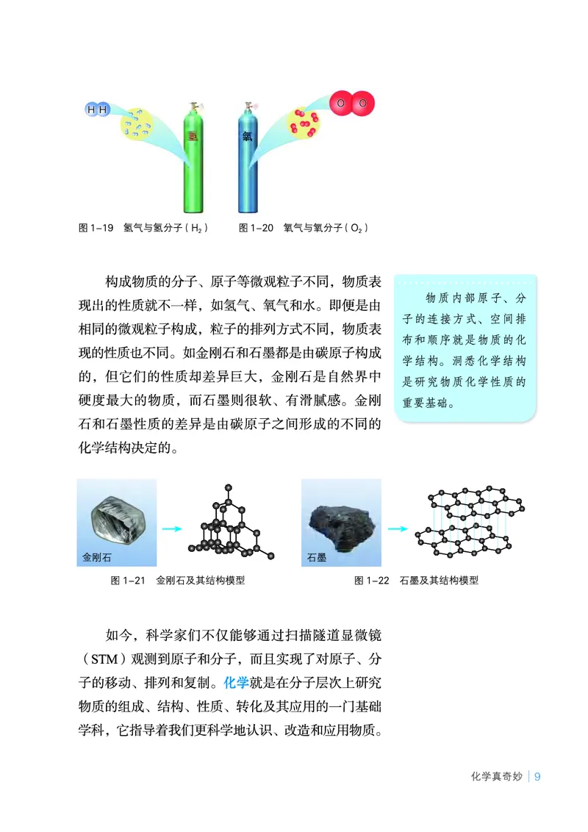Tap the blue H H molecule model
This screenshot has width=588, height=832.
coord(97,110)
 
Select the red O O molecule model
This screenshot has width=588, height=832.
coord(351,104)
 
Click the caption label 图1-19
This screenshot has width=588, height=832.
coord(96,229)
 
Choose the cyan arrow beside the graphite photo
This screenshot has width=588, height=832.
coord(397,528)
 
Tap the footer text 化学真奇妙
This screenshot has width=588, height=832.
coord(497,777)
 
